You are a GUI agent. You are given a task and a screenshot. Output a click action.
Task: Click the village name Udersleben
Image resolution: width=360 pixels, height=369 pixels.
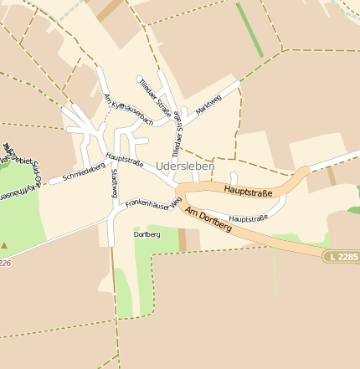(185, 167)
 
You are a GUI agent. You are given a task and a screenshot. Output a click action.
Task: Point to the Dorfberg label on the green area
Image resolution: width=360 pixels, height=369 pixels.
(147, 235)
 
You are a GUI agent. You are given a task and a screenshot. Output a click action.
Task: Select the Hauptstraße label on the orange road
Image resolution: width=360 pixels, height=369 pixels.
(249, 193)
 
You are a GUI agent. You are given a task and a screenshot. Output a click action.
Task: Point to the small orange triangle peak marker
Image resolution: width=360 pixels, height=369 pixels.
(4, 245)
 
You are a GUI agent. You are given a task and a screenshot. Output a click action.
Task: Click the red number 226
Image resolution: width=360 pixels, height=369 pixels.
(5, 262)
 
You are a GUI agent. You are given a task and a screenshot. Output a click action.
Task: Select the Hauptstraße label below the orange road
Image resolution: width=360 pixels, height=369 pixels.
(248, 218)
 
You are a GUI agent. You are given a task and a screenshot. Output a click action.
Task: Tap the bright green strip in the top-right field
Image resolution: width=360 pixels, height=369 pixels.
(249, 30)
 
